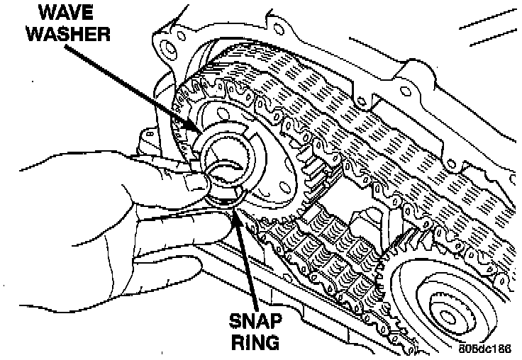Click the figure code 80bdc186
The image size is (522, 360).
click(484, 349)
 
